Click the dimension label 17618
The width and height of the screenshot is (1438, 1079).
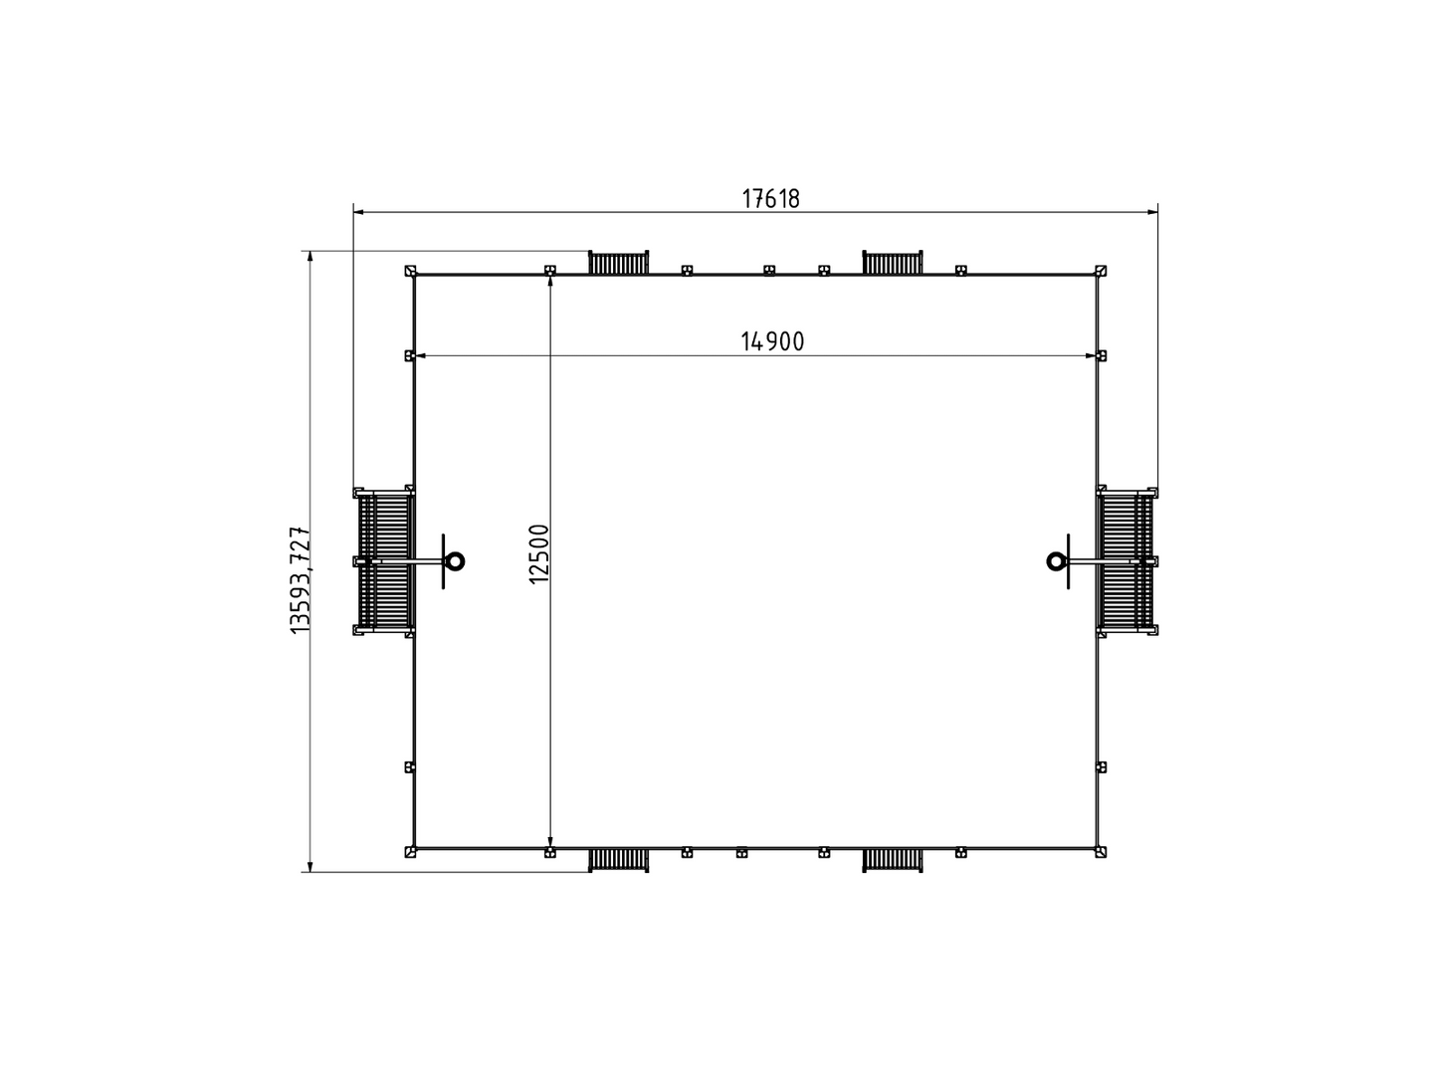(770, 198)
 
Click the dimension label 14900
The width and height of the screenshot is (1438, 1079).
(771, 341)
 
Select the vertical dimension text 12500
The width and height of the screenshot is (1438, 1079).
(538, 553)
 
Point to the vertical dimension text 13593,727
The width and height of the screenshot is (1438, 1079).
(301, 579)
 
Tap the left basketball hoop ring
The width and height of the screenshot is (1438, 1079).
(454, 561)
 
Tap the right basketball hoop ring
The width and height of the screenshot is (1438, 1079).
(1056, 561)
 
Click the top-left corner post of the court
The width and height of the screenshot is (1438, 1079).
(410, 271)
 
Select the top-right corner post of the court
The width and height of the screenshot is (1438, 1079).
(1101, 271)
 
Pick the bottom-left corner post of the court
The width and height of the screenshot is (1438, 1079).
(410, 852)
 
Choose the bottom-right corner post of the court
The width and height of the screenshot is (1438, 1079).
(1101, 852)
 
